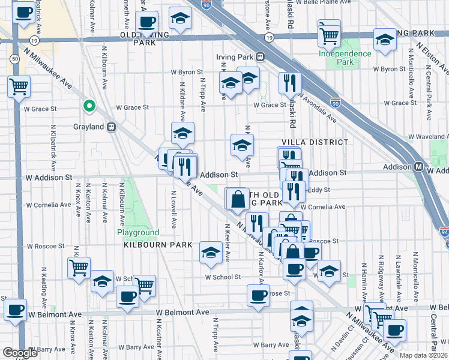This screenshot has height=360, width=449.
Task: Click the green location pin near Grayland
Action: click(89, 107)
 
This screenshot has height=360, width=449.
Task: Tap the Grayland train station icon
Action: click(112, 127)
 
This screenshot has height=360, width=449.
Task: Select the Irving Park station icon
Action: click(260, 57)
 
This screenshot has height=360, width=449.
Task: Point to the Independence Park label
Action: click(345, 58)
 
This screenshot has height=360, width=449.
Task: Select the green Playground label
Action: click(138, 233)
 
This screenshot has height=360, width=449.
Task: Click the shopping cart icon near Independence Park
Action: click(329, 34)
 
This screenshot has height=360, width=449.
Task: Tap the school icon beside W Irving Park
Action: click(384, 40)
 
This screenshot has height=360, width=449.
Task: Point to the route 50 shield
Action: click(13, 58)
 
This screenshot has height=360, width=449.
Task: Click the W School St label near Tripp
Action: click(222, 277)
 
